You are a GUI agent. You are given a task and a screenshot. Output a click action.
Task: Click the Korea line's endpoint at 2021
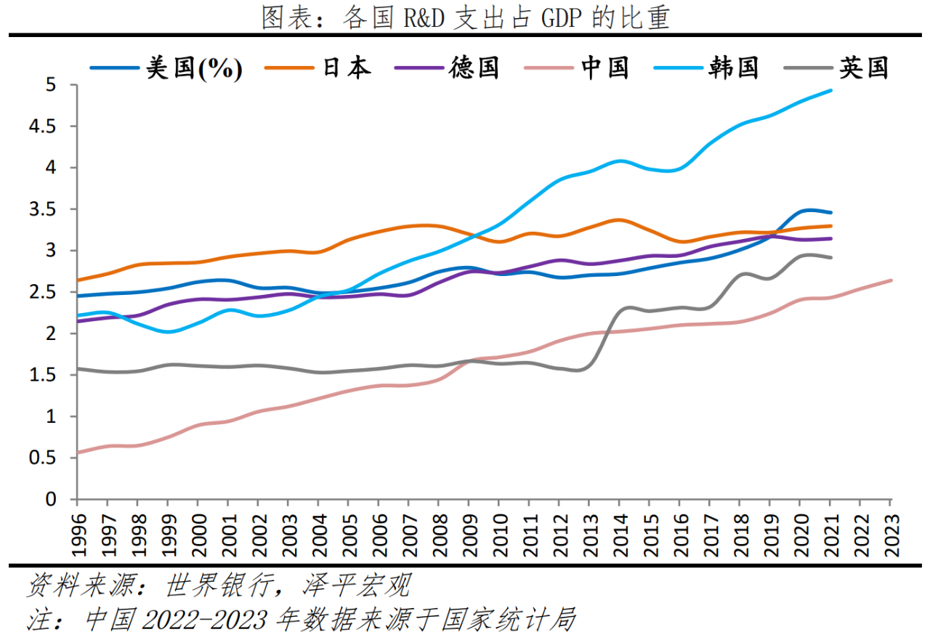click(x=831, y=91)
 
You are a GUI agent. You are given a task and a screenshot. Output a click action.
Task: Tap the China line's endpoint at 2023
click(x=891, y=280)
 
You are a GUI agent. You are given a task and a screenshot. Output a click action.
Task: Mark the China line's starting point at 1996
click(x=77, y=453)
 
